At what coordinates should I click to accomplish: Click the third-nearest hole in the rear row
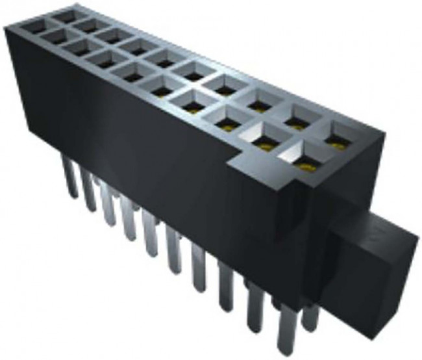(260, 103)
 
